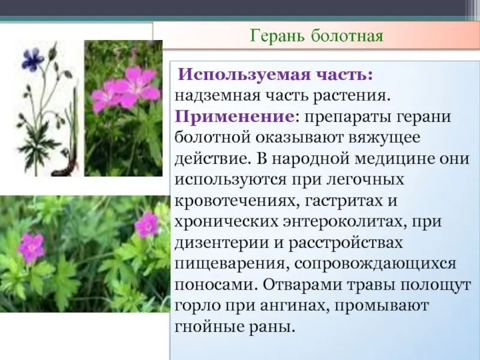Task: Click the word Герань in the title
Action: pos(277,37)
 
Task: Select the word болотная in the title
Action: pos(347,36)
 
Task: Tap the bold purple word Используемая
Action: pos(244,75)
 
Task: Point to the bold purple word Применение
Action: pos(234,116)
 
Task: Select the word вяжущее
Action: pos(384,139)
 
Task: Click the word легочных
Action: pos(366,179)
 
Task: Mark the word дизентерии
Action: pos(220,243)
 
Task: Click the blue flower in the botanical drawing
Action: pos(33,59)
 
